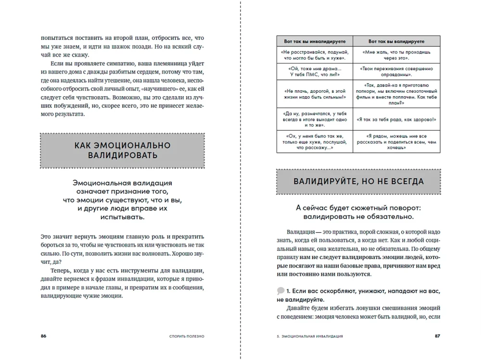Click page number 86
pyautogui.click(x=43, y=336)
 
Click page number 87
pyautogui.click(x=437, y=336)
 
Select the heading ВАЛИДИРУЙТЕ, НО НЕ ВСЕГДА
pyautogui.click(x=358, y=181)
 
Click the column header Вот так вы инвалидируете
pyautogui.click(x=315, y=41)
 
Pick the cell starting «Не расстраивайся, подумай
pyautogui.click(x=315, y=54)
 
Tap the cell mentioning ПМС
pyautogui.click(x=315, y=72)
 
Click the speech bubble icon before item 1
pyautogui.click(x=280, y=291)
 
